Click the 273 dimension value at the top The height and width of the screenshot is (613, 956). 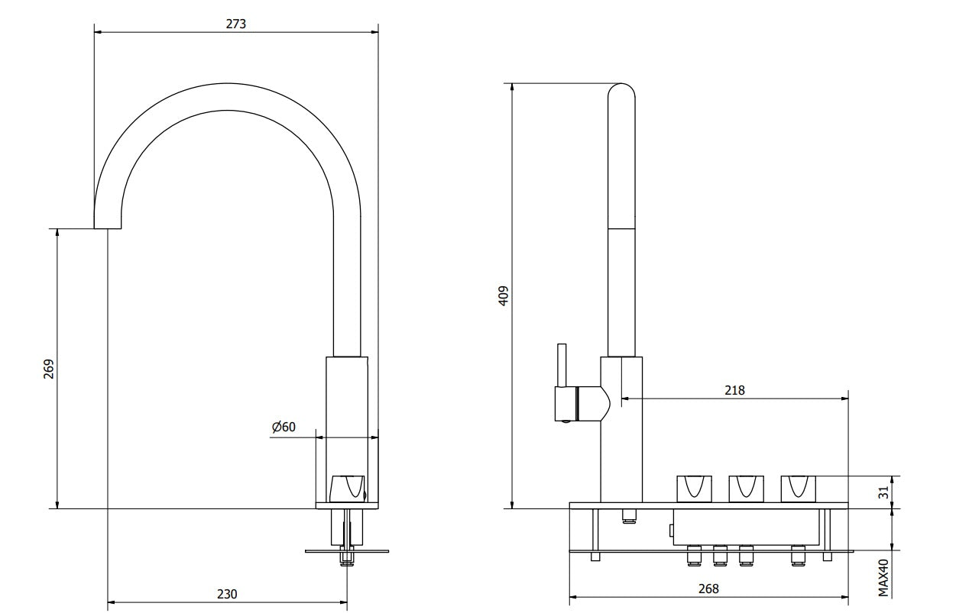pos(236,24)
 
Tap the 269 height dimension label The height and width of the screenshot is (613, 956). pos(49,369)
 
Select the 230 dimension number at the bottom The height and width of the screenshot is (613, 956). pos(227,594)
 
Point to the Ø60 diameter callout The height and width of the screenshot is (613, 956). pos(284,427)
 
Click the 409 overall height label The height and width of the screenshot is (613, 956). pos(504,295)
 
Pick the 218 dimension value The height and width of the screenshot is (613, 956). pos(734,390)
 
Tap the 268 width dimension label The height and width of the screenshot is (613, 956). pos(708,589)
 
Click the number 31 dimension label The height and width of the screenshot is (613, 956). pos(884,492)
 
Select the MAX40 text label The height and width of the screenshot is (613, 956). pos(883,578)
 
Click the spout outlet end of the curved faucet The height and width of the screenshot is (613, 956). pos(108,228)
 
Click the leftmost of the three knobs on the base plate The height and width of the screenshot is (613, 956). pos(695,489)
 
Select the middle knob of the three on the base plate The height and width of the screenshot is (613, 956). pos(746,489)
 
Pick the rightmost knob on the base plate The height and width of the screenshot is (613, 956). pos(798,489)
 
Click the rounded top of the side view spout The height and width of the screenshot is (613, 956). pos(621,90)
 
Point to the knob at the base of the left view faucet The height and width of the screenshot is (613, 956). pos(348,489)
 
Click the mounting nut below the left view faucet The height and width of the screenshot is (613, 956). pos(347,559)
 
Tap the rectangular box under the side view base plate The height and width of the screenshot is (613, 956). pos(746,527)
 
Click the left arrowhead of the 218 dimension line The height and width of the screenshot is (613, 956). pos(625,398)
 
